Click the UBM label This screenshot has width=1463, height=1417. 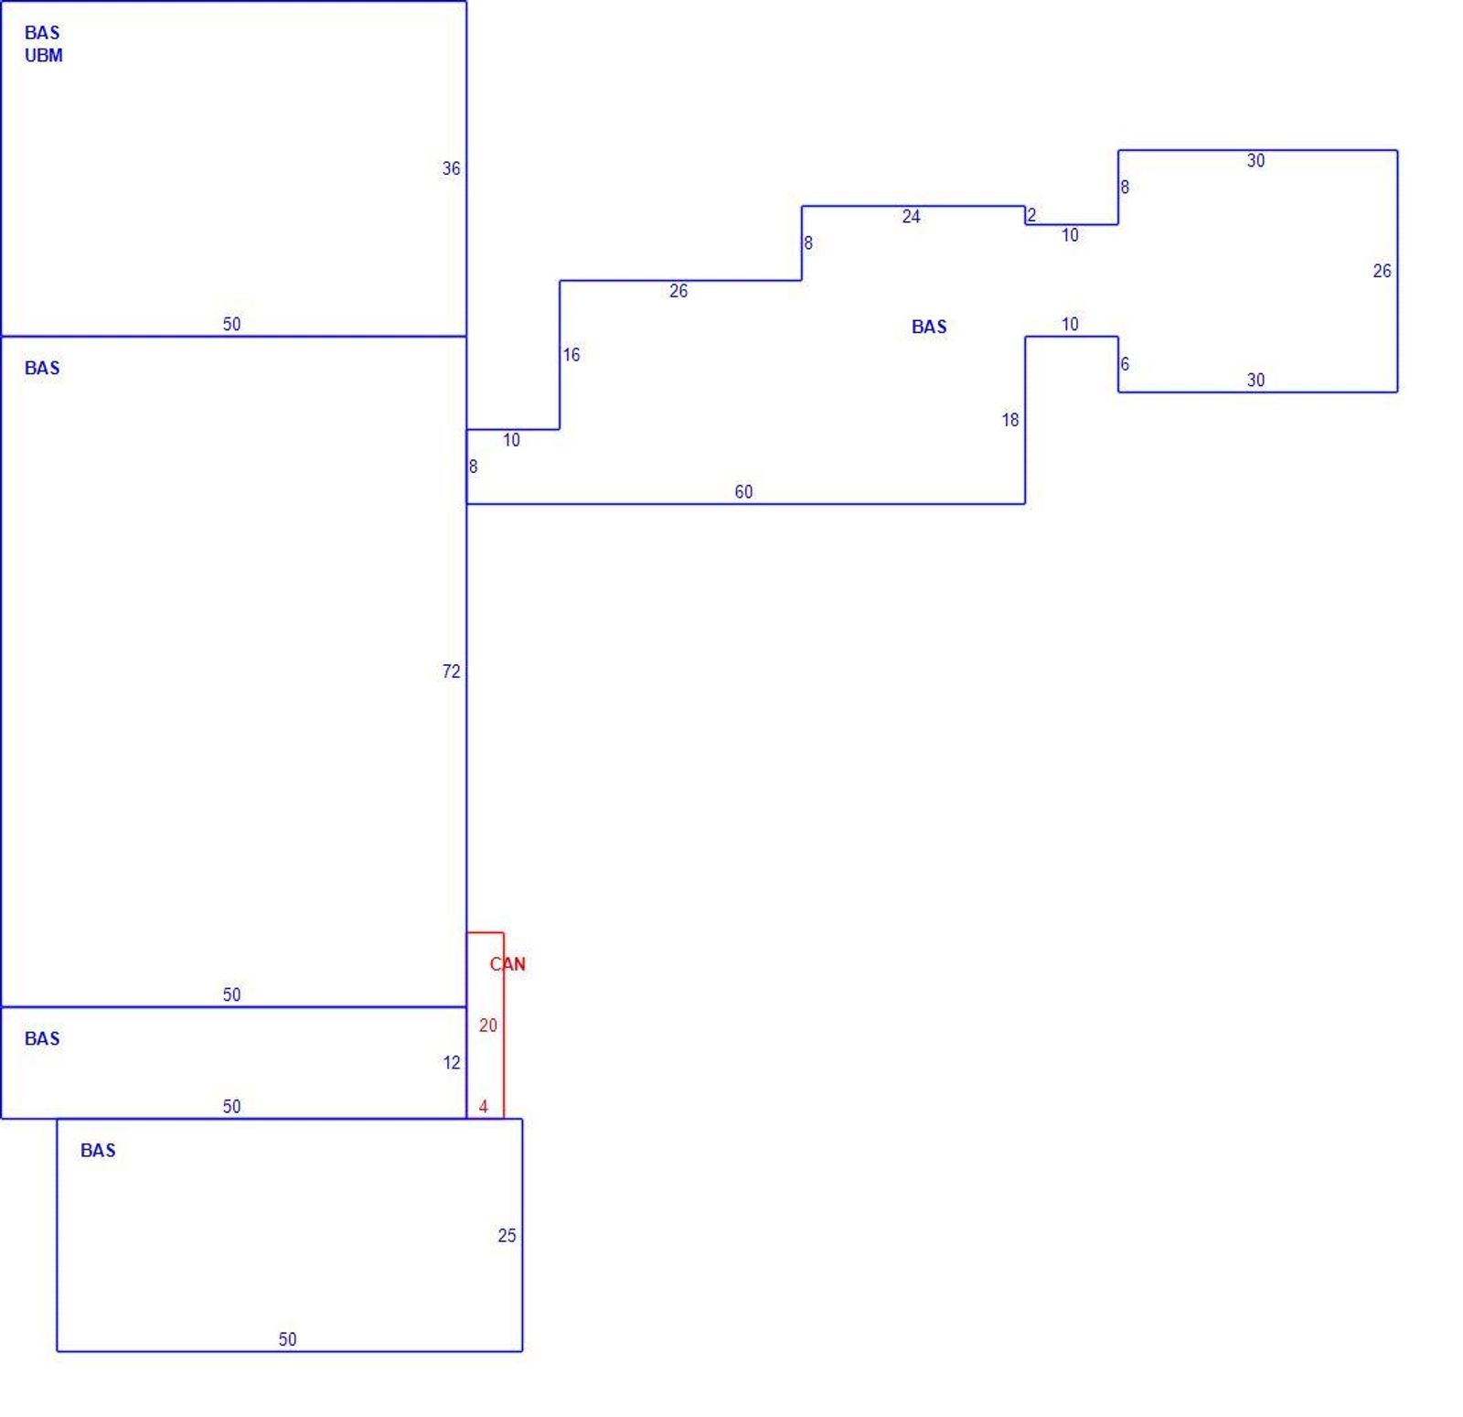pyautogui.click(x=44, y=56)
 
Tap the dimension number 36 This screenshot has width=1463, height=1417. pyautogui.click(x=452, y=168)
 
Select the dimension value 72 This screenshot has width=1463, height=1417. pyautogui.click(x=452, y=671)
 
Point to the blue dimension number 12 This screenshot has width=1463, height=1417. pyautogui.click(x=452, y=1062)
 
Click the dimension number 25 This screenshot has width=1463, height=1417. pyautogui.click(x=507, y=1235)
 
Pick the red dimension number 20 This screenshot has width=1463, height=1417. pyautogui.click(x=488, y=1025)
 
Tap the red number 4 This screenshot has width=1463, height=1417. pyautogui.click(x=484, y=1107)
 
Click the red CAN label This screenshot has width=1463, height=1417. pyautogui.click(x=507, y=964)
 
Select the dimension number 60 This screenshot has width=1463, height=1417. pyautogui.click(x=743, y=492)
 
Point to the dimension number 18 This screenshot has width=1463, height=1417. pyautogui.click(x=1009, y=420)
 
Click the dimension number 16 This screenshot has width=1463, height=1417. pyautogui.click(x=571, y=355)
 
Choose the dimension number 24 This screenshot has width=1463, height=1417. pyautogui.click(x=911, y=217)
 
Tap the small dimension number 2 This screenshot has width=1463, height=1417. pyautogui.click(x=1031, y=216)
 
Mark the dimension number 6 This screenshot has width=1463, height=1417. pyautogui.click(x=1125, y=364)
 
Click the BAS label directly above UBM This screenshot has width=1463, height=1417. pyautogui.click(x=42, y=33)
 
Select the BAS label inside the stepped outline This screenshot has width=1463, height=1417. pyautogui.click(x=929, y=327)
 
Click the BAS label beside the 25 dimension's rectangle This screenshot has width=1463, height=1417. pyautogui.click(x=98, y=1151)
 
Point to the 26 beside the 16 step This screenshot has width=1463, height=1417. pyautogui.click(x=678, y=291)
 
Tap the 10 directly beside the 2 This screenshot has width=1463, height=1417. pyautogui.click(x=1070, y=235)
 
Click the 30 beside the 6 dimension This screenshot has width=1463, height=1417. pyautogui.click(x=1255, y=381)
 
